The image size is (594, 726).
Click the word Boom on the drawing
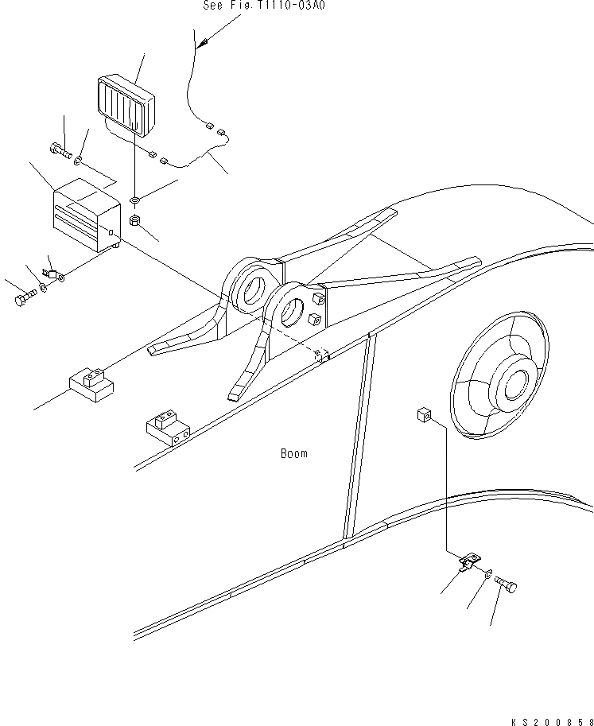(293, 454)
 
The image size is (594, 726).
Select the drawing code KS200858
(551, 720)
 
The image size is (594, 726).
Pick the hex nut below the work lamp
(135, 220)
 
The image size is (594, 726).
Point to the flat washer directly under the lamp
(135, 196)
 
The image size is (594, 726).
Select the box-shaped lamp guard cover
(84, 216)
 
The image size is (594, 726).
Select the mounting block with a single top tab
(91, 383)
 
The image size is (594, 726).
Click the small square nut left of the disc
(424, 414)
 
